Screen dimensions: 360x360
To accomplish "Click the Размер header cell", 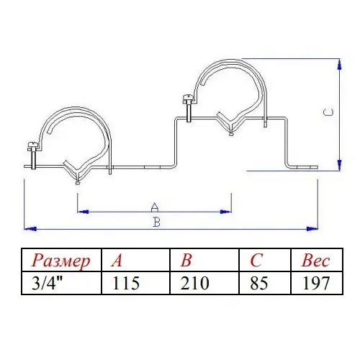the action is (x=61, y=261).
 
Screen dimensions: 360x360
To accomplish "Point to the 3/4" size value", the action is (x=46, y=283).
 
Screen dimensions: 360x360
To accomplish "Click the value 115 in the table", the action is (x=126, y=283).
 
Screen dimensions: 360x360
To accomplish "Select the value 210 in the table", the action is (x=194, y=283).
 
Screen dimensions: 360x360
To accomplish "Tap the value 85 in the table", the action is (x=258, y=283).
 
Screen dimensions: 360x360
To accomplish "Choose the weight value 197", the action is (x=315, y=283).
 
